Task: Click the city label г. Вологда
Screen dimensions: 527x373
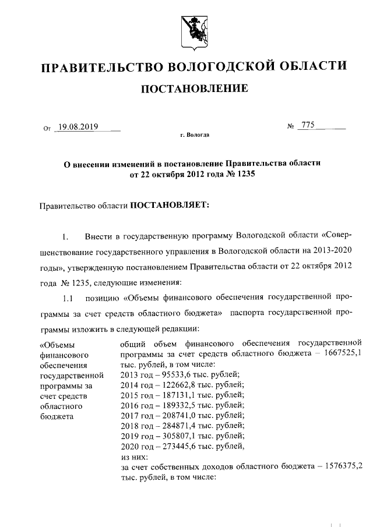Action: pyautogui.click(x=195, y=135)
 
